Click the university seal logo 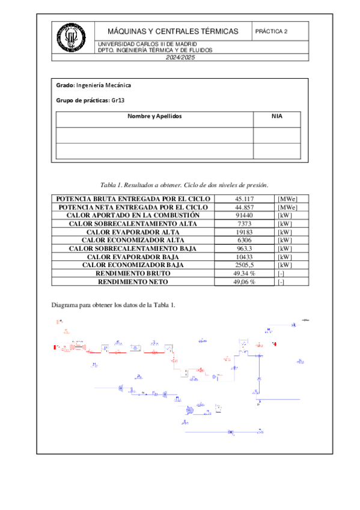pos(71,37)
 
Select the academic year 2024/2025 pos(180,57)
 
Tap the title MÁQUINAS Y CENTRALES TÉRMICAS pos(172,31)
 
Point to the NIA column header pos(276,116)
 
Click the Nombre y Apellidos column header pos(154,116)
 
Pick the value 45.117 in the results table pos(244,199)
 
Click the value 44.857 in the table pos(244,207)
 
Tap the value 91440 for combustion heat pos(244,215)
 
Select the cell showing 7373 pos(244,224)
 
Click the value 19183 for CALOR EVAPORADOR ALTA pos(244,232)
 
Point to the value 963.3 pos(244,248)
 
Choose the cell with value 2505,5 pos(244,265)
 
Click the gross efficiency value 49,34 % pos(244,273)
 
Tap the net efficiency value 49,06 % pos(244,281)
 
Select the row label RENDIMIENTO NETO pos(133,281)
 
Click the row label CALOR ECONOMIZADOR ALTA pos(133,240)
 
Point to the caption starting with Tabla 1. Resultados pos(184,185)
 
